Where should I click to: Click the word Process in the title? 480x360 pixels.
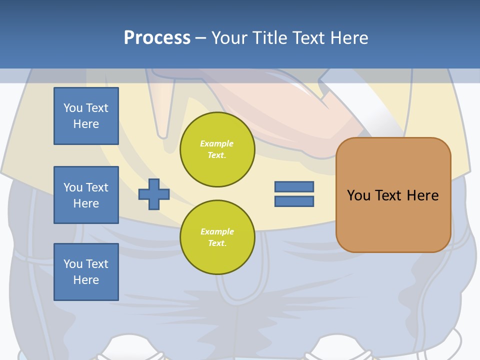click(157, 38)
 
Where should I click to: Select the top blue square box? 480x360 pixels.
click(86, 116)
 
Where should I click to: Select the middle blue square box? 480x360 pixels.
click(86, 195)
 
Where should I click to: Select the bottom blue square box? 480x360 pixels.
click(86, 272)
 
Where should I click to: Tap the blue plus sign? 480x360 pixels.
click(154, 194)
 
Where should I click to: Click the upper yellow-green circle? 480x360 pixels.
click(217, 149)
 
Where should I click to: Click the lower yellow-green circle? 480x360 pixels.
click(217, 237)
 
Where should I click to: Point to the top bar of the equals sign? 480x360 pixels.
click(294, 186)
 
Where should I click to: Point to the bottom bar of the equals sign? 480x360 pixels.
click(294, 201)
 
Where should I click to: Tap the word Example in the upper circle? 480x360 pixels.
click(217, 143)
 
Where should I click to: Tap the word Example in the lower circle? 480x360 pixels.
click(217, 231)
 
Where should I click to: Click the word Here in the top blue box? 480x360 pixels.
click(86, 124)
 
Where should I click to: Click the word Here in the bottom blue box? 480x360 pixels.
click(86, 280)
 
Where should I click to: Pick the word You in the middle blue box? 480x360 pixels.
click(72, 187)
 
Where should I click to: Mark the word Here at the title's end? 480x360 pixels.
click(350, 38)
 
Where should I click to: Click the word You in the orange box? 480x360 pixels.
click(358, 195)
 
